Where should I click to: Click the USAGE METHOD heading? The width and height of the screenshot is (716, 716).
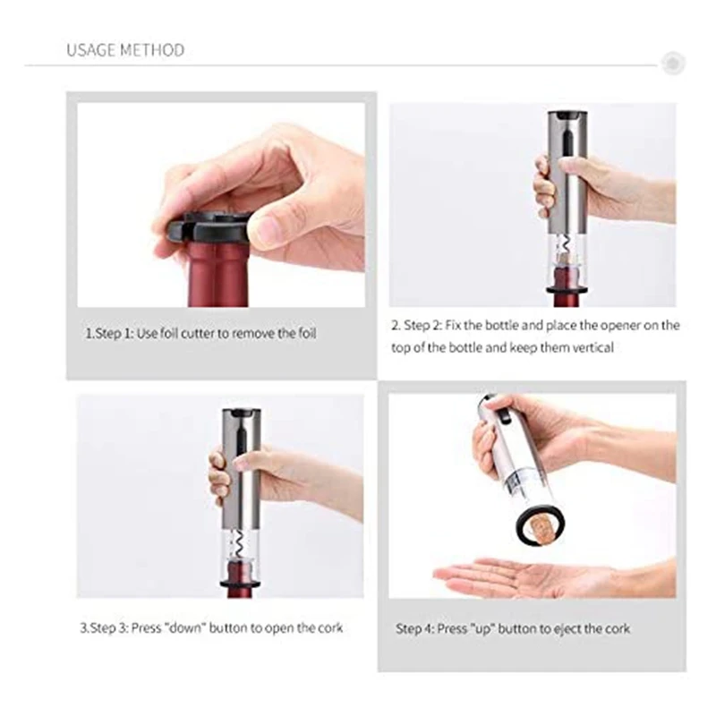(125, 50)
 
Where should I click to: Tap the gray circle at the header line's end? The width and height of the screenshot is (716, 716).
(672, 64)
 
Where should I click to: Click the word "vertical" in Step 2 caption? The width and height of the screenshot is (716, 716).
(592, 347)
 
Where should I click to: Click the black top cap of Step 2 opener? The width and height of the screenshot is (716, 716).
(568, 116)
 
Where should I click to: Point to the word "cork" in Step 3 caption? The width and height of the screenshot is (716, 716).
(328, 628)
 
